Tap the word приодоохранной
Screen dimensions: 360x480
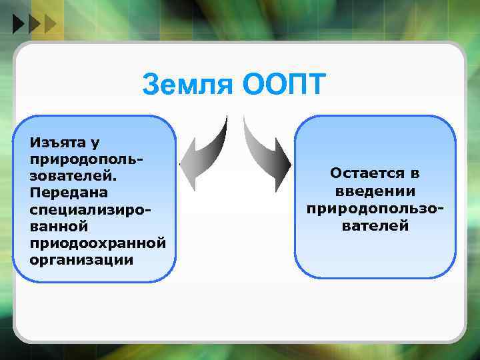(x=97, y=243)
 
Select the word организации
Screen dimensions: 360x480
(x=81, y=260)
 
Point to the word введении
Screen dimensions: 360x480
(x=375, y=191)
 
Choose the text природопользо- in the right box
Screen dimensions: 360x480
(x=375, y=209)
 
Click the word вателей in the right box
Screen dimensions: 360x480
(x=375, y=226)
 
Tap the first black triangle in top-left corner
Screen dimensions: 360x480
(x=18, y=25)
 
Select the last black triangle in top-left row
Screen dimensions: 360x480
(x=51, y=25)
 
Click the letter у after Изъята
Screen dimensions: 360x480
(x=95, y=143)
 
